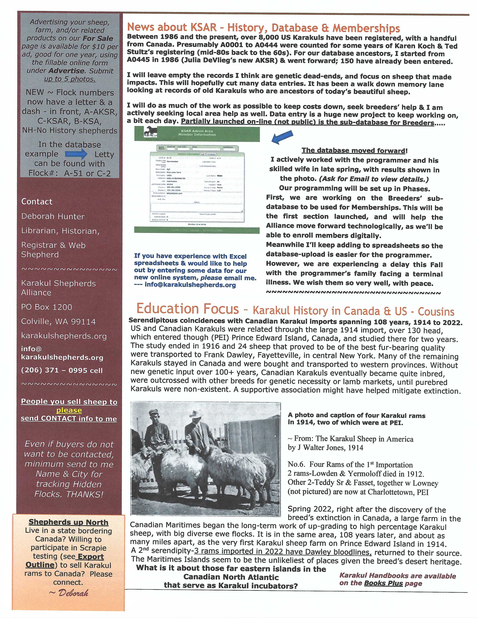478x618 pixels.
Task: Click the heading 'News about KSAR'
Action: [172, 28]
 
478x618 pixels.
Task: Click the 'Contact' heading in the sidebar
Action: [37, 202]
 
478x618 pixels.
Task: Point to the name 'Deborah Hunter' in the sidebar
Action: [53, 216]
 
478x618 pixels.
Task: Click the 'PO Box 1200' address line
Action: [47, 307]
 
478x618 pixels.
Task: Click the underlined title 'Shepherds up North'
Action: [69, 522]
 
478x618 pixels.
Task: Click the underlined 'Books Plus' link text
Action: [383, 583]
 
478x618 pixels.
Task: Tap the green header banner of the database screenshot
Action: [197, 134]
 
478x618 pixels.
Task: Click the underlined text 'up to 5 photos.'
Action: [70, 79]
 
